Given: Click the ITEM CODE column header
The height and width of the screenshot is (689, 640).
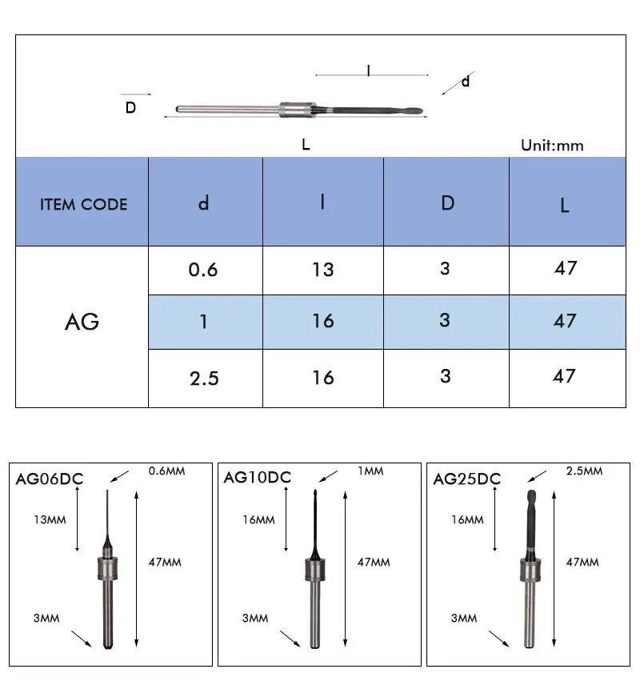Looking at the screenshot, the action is point(83,204).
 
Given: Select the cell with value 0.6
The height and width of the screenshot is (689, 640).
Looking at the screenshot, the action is point(203,270).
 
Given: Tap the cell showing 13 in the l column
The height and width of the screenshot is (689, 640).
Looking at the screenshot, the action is point(323,270).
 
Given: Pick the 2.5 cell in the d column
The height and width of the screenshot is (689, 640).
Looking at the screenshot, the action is point(204,379).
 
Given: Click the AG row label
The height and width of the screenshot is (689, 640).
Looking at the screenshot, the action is point(82,322).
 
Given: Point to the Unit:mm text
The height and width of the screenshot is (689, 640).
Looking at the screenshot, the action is point(552,146).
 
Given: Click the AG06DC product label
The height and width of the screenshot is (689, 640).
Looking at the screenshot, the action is point(50,479).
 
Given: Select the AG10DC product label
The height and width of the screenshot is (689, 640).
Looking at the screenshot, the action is point(258,477).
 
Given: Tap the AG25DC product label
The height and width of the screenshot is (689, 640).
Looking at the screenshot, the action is point(467,479).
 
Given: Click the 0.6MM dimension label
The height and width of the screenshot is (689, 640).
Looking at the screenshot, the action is point(166,471).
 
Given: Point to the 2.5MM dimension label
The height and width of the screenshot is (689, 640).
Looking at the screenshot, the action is point(584,471).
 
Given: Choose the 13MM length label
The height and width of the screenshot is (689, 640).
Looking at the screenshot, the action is point(50,520).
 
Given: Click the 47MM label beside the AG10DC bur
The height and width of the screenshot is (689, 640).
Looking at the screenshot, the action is point(374,562).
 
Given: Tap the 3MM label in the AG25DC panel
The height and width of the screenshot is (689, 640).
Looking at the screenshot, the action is point(464,619).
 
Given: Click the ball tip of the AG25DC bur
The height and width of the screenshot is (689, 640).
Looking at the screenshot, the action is point(531,496).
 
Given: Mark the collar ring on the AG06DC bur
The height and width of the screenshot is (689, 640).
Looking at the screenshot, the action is point(108,569).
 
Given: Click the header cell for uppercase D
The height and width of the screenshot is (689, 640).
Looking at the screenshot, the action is point(448,203).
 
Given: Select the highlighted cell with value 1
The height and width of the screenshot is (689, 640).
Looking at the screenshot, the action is point(203,322).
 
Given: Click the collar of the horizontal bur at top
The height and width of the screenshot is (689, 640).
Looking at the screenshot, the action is point(298,110).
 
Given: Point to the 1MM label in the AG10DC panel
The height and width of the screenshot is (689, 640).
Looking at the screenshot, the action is point(370,471).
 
